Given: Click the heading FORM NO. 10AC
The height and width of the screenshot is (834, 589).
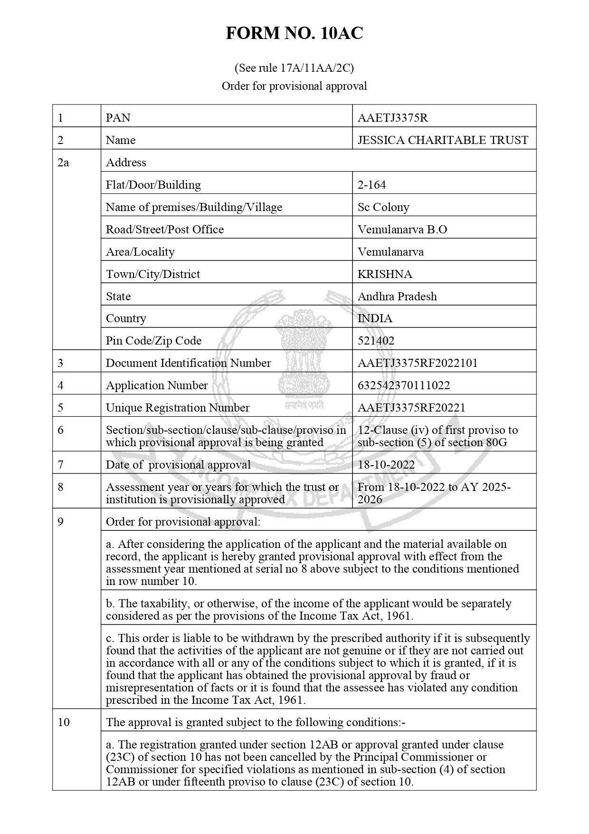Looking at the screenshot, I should pyautogui.click(x=294, y=33).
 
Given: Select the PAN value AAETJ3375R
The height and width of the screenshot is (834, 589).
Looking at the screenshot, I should pyautogui.click(x=393, y=118).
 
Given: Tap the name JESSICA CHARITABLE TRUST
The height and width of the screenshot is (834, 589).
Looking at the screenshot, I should pyautogui.click(x=443, y=140).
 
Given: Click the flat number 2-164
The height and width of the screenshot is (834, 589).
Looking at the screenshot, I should pyautogui.click(x=371, y=185).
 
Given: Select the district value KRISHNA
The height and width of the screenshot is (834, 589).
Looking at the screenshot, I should pyautogui.click(x=385, y=274).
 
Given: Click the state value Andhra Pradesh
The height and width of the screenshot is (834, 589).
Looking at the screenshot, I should pyautogui.click(x=397, y=297).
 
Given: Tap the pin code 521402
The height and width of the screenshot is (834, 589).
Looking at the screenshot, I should pyautogui.click(x=376, y=341).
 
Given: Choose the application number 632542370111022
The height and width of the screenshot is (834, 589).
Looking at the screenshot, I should pyautogui.click(x=404, y=385).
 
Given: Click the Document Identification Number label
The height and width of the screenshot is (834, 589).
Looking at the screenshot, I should pyautogui.click(x=188, y=363).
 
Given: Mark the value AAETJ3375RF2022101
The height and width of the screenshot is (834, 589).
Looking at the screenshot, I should pyautogui.click(x=418, y=363).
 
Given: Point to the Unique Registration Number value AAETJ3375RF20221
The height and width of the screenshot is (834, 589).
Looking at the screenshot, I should pyautogui.click(x=411, y=408).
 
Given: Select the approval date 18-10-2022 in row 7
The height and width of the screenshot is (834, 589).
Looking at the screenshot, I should pyautogui.click(x=386, y=465).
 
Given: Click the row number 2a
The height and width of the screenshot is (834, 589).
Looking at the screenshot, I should pyautogui.click(x=63, y=163).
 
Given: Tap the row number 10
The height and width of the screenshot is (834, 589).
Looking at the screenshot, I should pyautogui.click(x=64, y=722).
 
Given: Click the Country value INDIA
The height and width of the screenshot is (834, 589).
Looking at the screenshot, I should pyautogui.click(x=375, y=318).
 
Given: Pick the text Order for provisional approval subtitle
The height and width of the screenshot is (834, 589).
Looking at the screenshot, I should pyautogui.click(x=294, y=86).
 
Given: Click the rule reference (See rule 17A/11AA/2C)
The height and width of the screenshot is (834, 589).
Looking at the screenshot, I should pyautogui.click(x=294, y=68).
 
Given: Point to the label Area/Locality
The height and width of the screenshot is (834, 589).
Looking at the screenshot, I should pyautogui.click(x=140, y=252).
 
